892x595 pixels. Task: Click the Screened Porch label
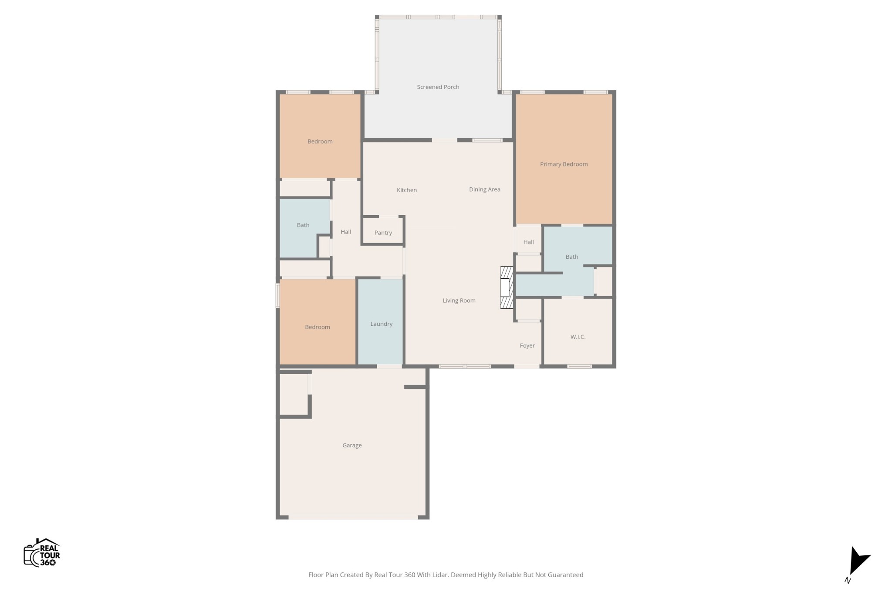pyautogui.click(x=438, y=87)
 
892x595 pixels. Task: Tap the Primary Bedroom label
pyautogui.click(x=564, y=164)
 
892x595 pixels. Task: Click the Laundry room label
pyautogui.click(x=382, y=324)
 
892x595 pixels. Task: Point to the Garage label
pyautogui.click(x=352, y=445)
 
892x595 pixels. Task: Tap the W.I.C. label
pyautogui.click(x=578, y=337)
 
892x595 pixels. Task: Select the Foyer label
pyautogui.click(x=527, y=346)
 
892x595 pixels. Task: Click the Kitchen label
pyautogui.click(x=407, y=190)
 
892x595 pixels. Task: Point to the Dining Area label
pyautogui.click(x=485, y=189)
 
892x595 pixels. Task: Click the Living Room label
pyautogui.click(x=459, y=301)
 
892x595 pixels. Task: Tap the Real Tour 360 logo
pyautogui.click(x=42, y=552)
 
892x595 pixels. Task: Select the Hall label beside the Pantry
pyautogui.click(x=346, y=232)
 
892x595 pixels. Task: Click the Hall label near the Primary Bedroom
pyautogui.click(x=529, y=242)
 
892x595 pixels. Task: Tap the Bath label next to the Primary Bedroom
pyautogui.click(x=572, y=257)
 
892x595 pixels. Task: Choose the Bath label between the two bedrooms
pyautogui.click(x=303, y=225)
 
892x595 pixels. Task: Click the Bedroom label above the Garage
pyautogui.click(x=318, y=327)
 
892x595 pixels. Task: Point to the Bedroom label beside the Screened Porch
pyautogui.click(x=320, y=142)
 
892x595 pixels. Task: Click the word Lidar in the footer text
pyautogui.click(x=440, y=575)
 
